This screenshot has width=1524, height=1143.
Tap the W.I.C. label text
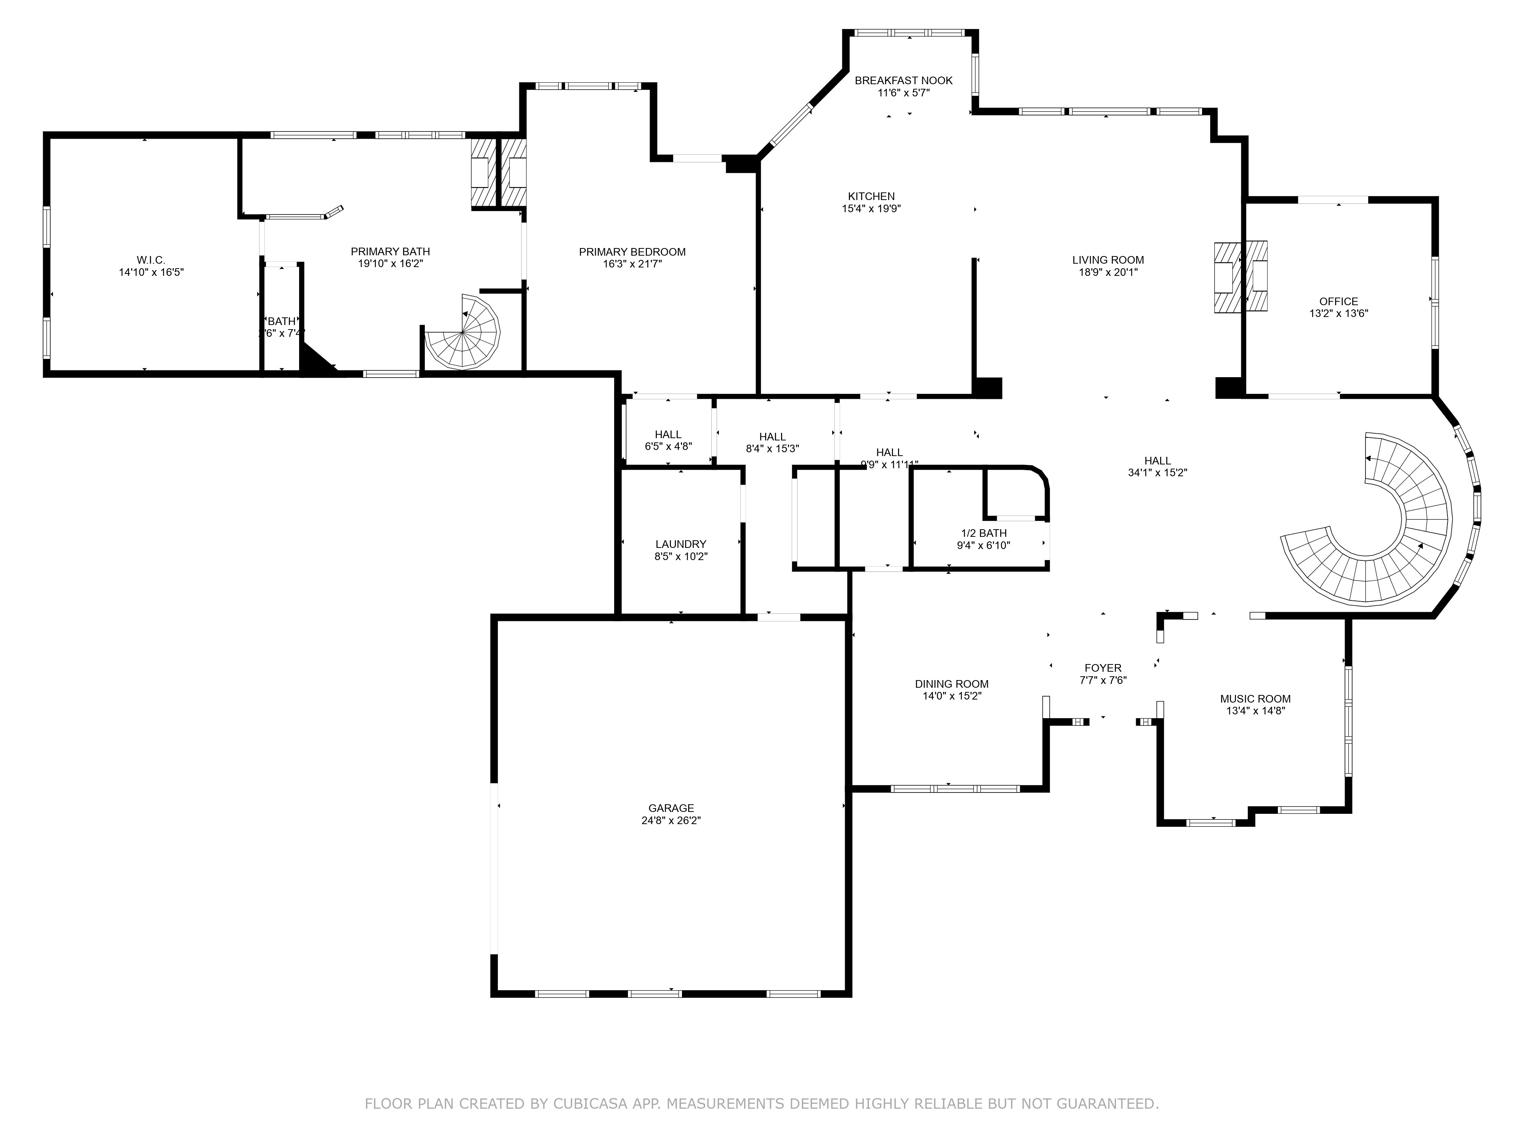point(151,260)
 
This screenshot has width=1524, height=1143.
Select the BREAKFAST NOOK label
point(903,81)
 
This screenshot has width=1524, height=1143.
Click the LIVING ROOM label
point(1108,260)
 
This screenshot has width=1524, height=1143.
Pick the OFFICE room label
point(1338,301)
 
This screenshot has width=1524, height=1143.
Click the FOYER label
point(1102,668)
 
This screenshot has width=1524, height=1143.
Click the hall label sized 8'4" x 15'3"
point(772,437)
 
